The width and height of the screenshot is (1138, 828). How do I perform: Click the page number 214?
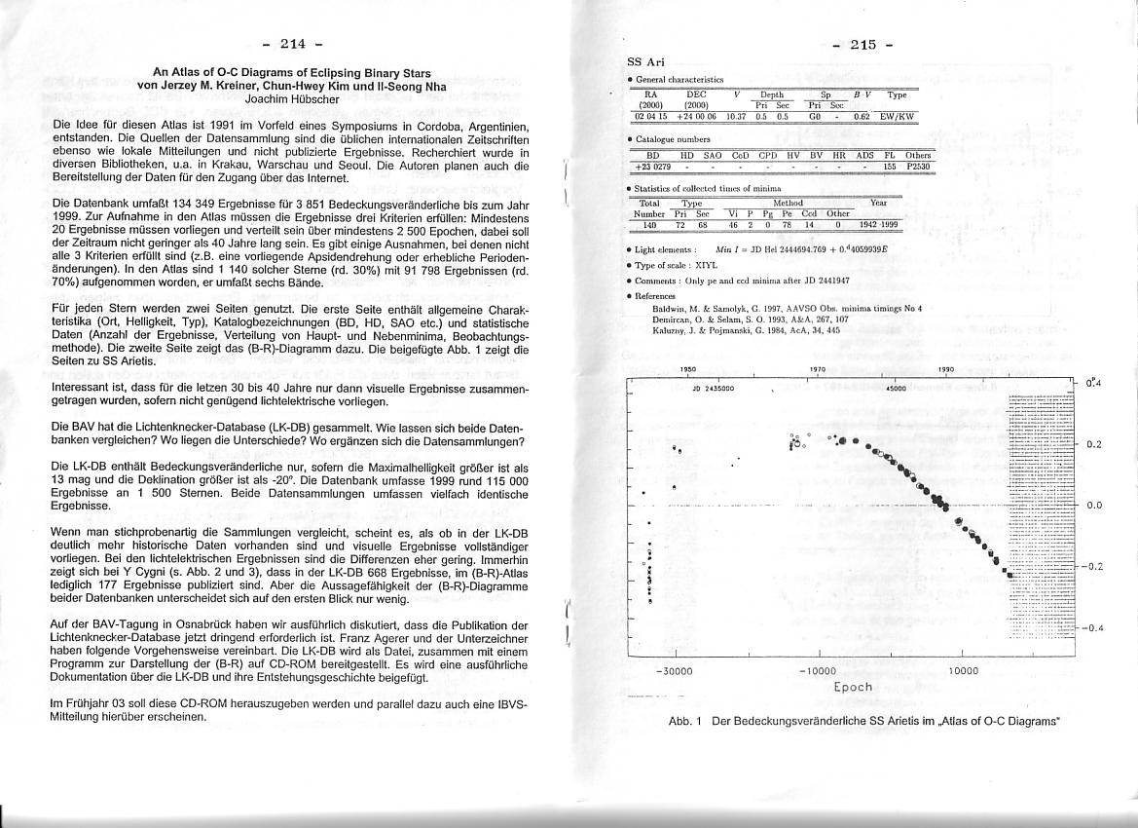(x=292, y=43)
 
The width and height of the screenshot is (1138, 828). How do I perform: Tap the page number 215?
(x=863, y=44)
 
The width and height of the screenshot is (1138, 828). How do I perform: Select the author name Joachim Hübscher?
(x=292, y=98)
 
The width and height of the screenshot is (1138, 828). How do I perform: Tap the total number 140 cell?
(x=648, y=225)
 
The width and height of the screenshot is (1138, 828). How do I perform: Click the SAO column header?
(x=712, y=155)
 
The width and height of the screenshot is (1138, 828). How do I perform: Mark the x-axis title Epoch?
(x=853, y=687)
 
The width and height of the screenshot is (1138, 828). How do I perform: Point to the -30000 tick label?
(x=674, y=671)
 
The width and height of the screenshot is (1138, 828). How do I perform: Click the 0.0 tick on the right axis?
(x=1093, y=506)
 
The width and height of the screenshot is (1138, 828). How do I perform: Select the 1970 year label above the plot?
(x=818, y=370)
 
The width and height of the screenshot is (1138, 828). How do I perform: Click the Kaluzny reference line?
(x=746, y=331)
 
